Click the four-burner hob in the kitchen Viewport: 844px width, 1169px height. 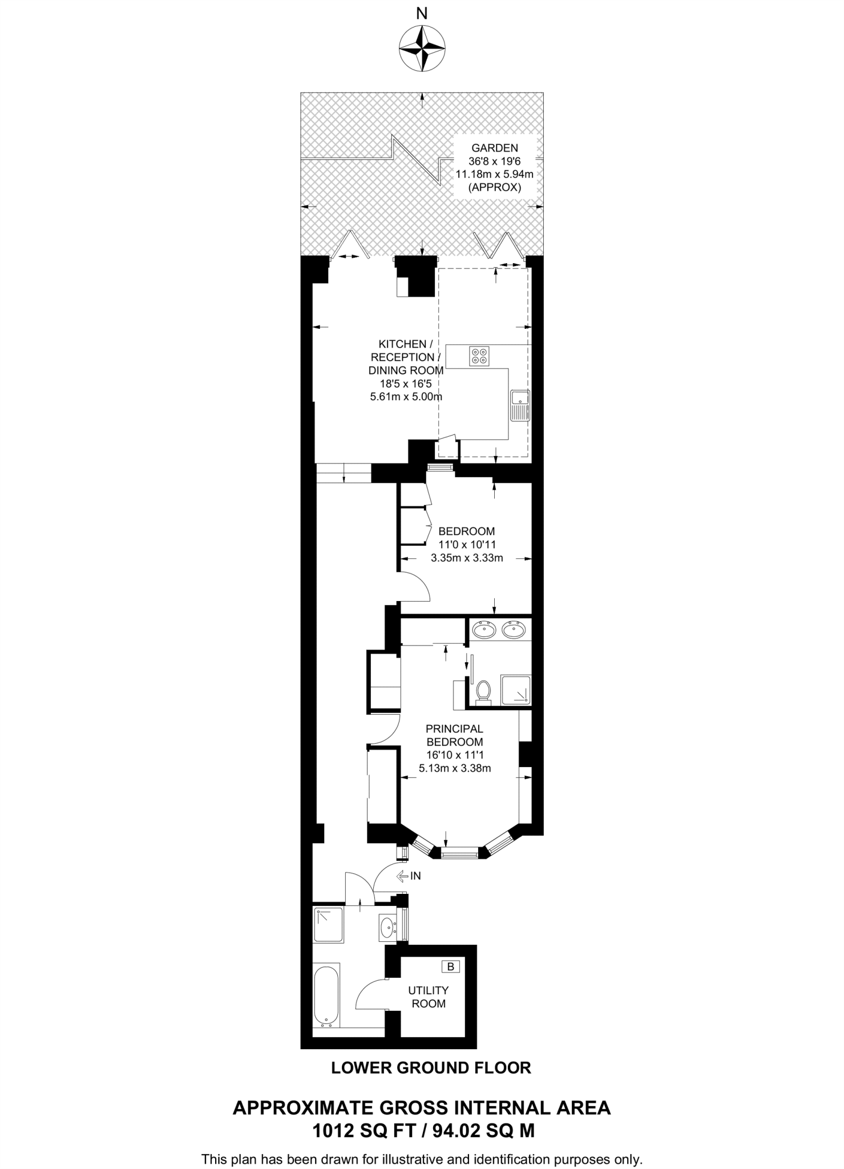(479, 356)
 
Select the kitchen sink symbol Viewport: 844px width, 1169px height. (520, 406)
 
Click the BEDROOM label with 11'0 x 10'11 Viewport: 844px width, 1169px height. (466, 531)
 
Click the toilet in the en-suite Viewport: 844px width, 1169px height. (484, 691)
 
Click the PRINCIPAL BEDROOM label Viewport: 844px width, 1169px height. (454, 736)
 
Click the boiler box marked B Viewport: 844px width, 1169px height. (451, 966)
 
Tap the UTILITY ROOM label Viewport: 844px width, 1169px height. (428, 997)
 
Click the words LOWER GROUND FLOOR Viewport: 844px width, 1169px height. (431, 1067)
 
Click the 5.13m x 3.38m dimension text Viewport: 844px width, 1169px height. (455, 768)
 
